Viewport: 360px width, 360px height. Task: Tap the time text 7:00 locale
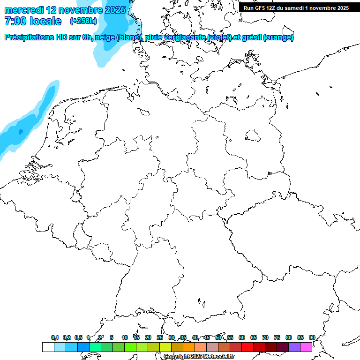coord(33,22)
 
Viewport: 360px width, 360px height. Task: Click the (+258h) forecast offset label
coord(83,21)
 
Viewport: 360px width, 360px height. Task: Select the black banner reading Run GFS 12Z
coord(296,7)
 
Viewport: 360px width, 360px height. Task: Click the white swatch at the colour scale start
coord(48,347)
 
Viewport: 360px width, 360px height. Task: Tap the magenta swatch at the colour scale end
coord(306,347)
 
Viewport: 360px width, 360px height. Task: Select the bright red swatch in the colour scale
coord(247,347)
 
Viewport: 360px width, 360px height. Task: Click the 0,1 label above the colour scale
coord(55,337)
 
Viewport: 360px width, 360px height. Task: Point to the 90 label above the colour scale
coord(312,337)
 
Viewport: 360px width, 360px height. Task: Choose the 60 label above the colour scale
coord(242,337)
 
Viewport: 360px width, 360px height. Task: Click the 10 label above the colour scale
coord(125,337)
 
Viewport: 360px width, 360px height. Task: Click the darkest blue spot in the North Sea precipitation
coord(20,132)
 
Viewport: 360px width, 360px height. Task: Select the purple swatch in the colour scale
coord(294,347)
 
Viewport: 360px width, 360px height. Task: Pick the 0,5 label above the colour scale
coord(78,337)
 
